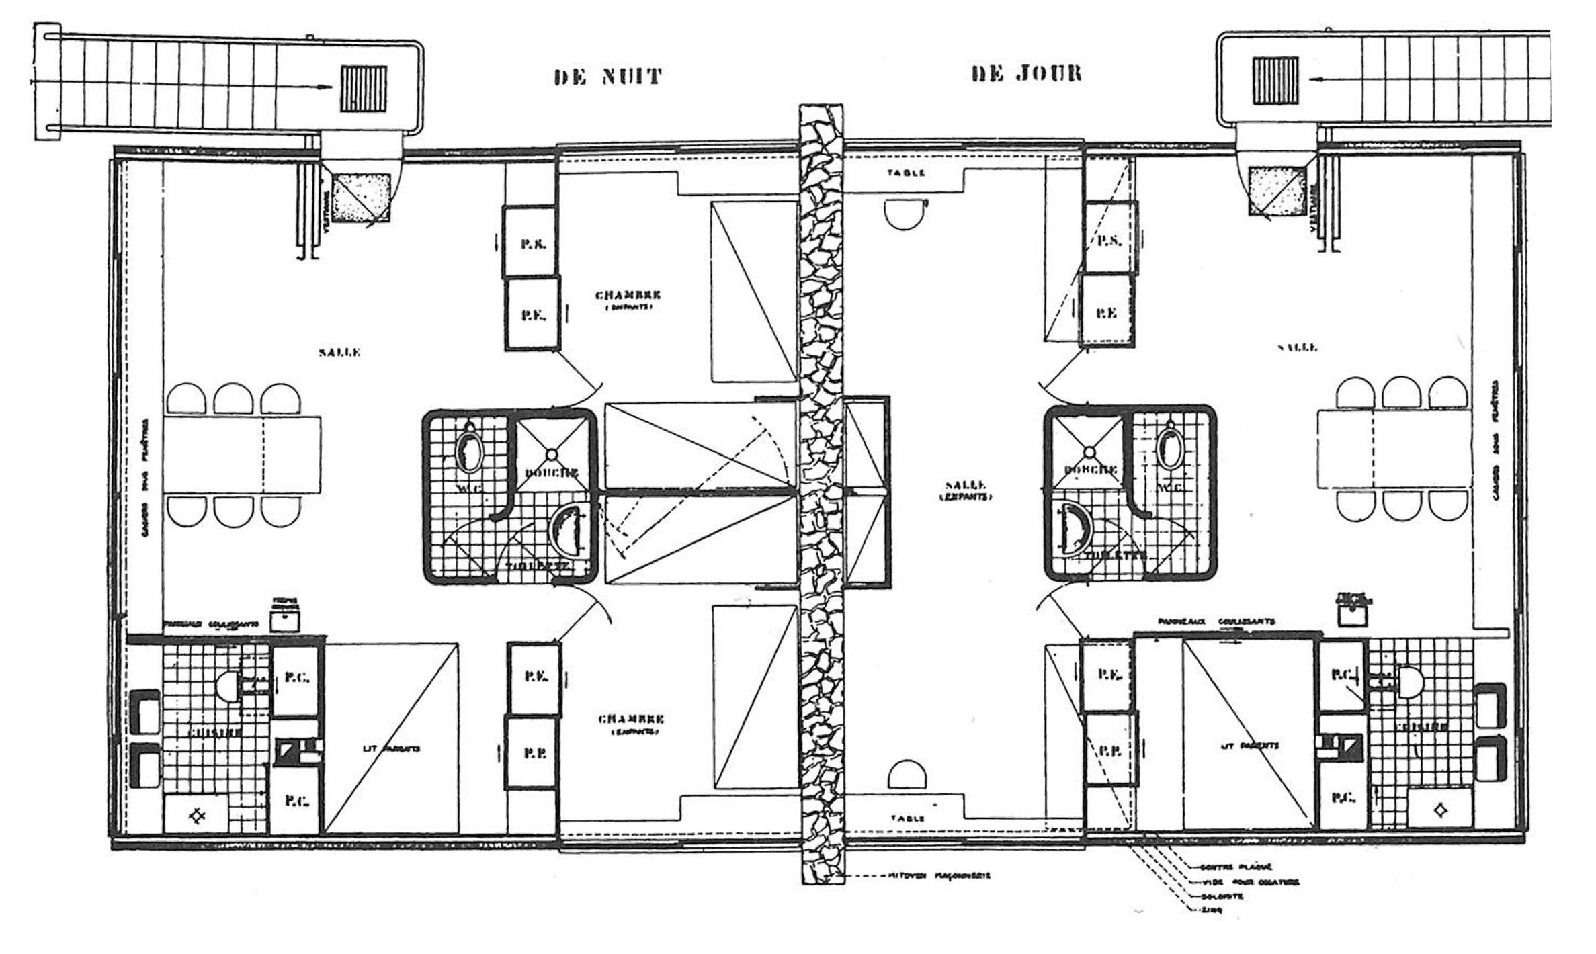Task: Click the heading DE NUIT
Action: pyautogui.click(x=608, y=76)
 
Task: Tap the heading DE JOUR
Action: pyautogui.click(x=1027, y=73)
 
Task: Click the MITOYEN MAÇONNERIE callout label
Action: pyautogui.click(x=939, y=876)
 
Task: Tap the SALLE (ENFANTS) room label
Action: pyautogui.click(x=965, y=490)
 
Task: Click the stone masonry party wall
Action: pyautogui.click(x=821, y=470)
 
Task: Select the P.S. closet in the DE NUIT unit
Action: pyautogui.click(x=532, y=243)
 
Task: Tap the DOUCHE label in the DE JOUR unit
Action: pyautogui.click(x=1091, y=470)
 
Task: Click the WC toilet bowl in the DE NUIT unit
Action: pyautogui.click(x=468, y=451)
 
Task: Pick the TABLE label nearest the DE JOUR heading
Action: pyautogui.click(x=906, y=173)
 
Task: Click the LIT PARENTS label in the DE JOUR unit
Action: pyautogui.click(x=1249, y=746)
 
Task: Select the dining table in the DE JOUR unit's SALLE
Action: pyautogui.click(x=1393, y=449)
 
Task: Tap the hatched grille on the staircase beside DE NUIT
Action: pyautogui.click(x=364, y=89)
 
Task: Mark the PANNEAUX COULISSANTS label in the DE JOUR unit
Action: pyautogui.click(x=1216, y=622)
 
